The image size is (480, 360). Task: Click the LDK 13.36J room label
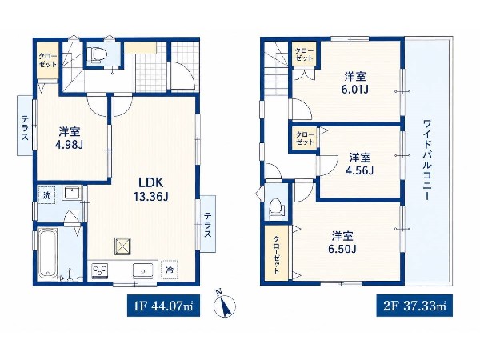click(151, 190)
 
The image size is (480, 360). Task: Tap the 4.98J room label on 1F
click(69, 138)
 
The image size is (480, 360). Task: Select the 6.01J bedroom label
click(355, 82)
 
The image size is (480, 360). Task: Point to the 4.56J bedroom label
click(360, 164)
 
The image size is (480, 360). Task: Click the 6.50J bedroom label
click(342, 242)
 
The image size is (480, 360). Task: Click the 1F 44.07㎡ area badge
click(163, 306)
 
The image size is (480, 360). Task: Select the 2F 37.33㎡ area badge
click(414, 306)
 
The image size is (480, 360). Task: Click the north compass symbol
click(224, 303)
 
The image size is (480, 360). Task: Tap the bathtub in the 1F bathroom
click(48, 254)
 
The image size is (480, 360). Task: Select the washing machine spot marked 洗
click(47, 195)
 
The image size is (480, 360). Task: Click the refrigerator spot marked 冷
click(170, 270)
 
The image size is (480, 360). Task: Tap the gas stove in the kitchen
click(100, 271)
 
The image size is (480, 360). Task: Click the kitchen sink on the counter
click(143, 270)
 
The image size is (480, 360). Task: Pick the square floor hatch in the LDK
click(123, 246)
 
